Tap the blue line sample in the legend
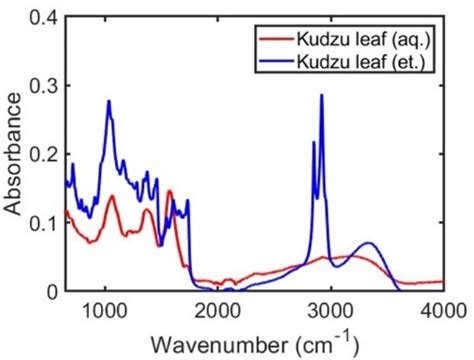tap(275, 62)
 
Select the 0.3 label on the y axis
tap(43, 87)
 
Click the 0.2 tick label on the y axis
tap(43, 155)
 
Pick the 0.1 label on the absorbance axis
tap(43, 223)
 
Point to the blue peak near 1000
tap(108, 102)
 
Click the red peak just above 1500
tap(169, 191)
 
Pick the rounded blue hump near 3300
tap(368, 243)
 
